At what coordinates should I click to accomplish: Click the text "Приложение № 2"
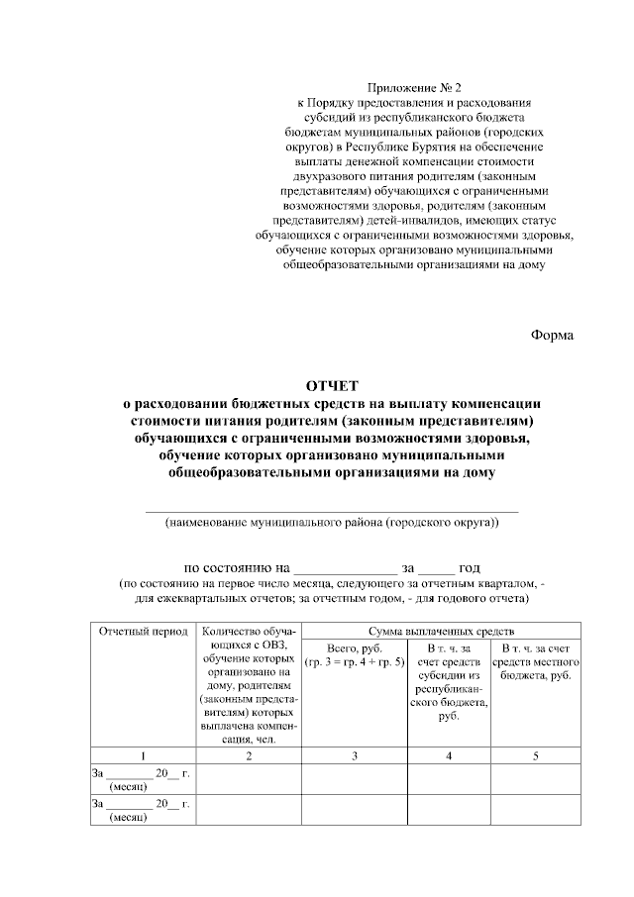tap(408, 88)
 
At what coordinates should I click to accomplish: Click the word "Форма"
tap(552, 334)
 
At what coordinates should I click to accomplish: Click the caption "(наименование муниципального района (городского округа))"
tap(332, 522)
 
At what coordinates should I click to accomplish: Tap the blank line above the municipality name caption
tap(332, 509)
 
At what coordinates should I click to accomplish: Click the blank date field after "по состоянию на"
tap(344, 568)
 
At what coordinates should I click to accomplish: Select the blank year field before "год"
tap(436, 568)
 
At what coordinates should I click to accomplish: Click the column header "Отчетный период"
tap(143, 631)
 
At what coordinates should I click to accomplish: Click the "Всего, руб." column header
tap(355, 653)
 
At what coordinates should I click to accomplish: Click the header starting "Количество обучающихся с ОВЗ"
tap(249, 683)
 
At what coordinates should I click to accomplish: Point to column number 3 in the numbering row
tap(355, 756)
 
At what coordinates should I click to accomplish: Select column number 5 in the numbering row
tap(537, 756)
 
